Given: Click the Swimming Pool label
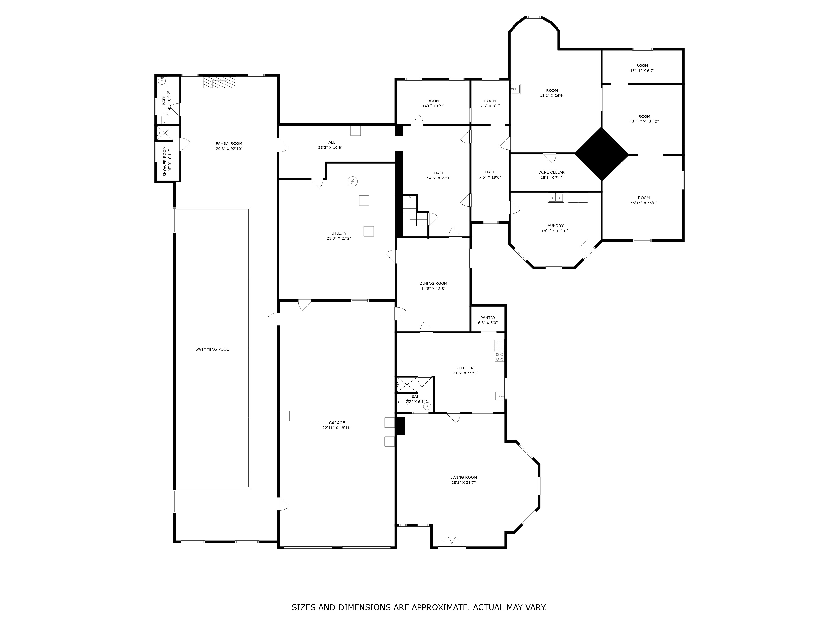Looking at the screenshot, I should (212, 349).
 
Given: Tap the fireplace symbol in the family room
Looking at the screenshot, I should (220, 82).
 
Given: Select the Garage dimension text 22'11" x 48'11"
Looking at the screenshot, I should (337, 428).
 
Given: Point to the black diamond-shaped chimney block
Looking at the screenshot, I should (602, 154).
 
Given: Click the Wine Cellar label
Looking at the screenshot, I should (551, 172).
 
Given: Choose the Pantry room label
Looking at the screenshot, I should (488, 318).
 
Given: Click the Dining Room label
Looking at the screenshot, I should (433, 283).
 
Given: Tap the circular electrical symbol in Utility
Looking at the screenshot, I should (352, 182).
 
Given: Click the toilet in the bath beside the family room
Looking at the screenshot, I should (165, 119).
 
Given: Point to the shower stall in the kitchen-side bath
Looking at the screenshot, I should (407, 385).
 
